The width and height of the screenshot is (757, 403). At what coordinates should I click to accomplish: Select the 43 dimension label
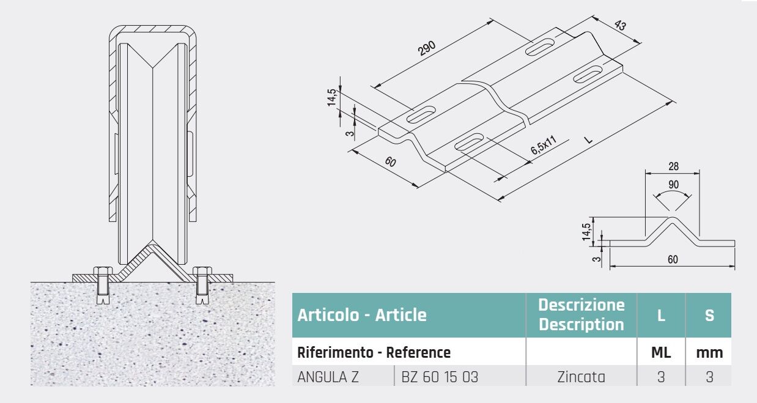(x=619, y=25)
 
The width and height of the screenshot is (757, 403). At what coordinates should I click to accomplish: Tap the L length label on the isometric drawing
(x=588, y=139)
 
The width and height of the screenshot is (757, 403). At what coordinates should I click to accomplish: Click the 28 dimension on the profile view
(x=673, y=166)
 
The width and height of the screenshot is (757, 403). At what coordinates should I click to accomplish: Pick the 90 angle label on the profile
(x=673, y=185)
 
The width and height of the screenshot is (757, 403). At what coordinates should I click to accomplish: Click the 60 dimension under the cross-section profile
(x=673, y=259)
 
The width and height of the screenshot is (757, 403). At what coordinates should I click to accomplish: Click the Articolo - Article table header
(x=362, y=315)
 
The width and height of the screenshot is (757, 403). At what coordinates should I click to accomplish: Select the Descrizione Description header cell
(x=582, y=315)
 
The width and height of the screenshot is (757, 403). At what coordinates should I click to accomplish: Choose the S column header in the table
(x=709, y=316)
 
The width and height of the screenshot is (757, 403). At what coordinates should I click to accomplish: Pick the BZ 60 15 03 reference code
(x=440, y=377)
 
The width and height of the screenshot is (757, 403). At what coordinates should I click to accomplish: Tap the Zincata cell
(x=581, y=377)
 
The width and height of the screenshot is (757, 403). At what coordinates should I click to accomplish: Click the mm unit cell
(x=709, y=353)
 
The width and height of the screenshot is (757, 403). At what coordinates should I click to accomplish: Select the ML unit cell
(x=661, y=353)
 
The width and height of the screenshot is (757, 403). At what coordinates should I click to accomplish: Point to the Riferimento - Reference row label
(x=374, y=353)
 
